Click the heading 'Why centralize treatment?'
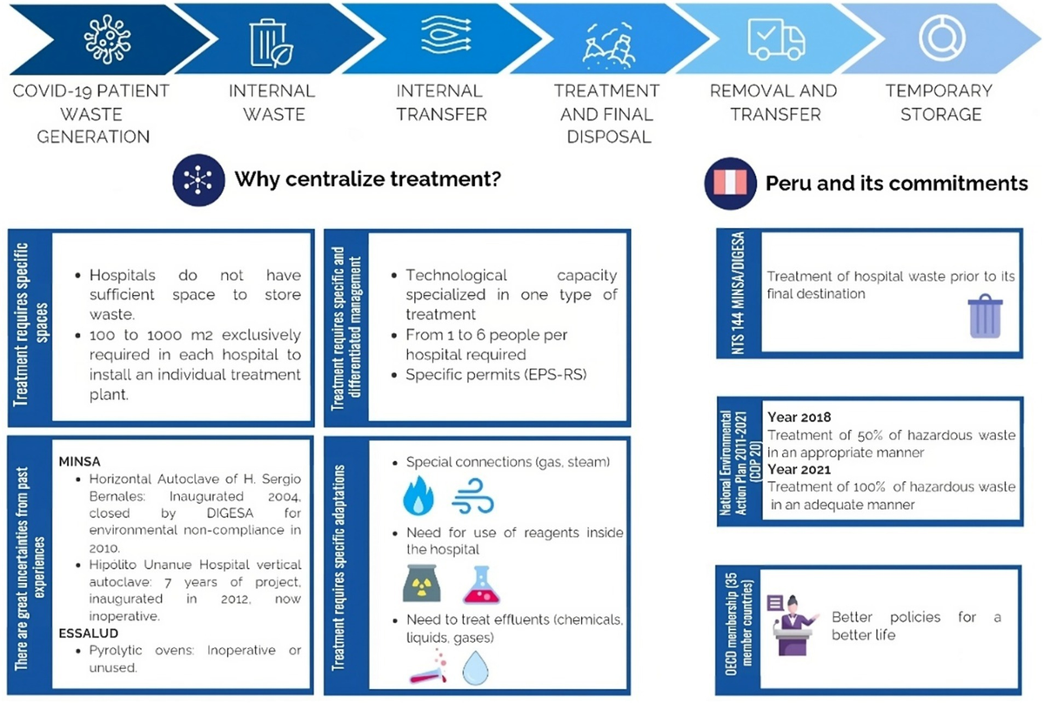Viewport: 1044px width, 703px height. [370, 180]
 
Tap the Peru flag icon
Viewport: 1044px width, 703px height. [729, 184]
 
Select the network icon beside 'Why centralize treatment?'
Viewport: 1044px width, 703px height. [198, 181]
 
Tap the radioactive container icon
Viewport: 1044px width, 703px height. [422, 584]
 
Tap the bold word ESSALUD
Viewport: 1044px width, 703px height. [88, 633]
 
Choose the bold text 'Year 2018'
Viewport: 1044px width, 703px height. [799, 418]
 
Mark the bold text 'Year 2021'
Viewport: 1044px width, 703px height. [799, 470]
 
